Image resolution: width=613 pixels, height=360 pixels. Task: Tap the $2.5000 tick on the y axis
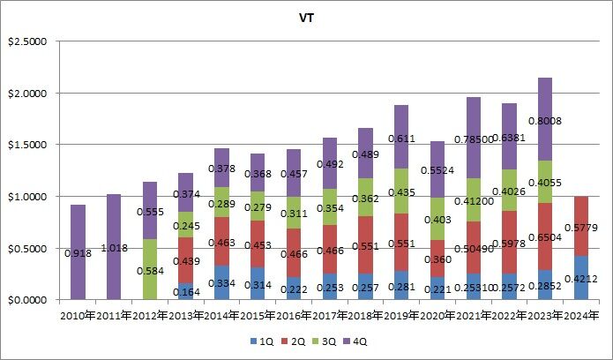31,41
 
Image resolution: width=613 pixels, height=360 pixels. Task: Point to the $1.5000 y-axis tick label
31,145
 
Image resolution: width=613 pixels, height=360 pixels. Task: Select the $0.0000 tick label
31,300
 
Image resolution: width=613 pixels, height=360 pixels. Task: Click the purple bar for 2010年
78,252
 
